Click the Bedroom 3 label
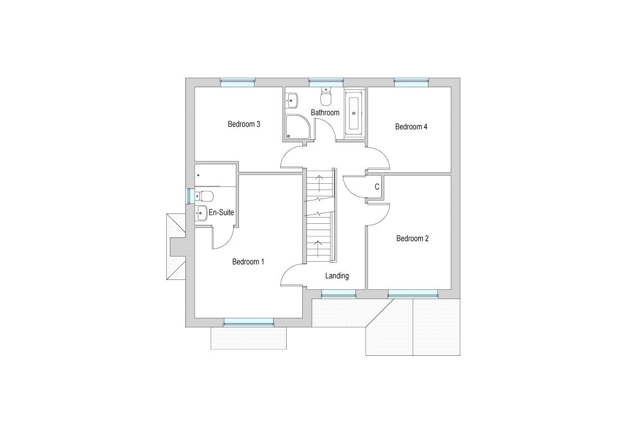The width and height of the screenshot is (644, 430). [x=244, y=124]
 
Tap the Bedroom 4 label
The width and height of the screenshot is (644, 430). [x=411, y=127]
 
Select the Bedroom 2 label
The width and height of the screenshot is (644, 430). [x=412, y=239]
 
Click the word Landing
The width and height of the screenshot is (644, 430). [x=337, y=276]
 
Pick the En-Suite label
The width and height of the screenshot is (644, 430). [x=221, y=212]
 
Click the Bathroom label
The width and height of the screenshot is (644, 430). [x=325, y=113]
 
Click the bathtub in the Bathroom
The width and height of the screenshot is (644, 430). [x=354, y=113]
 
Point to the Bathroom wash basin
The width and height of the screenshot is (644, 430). [x=292, y=99]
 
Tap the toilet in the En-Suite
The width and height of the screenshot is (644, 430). [x=204, y=196]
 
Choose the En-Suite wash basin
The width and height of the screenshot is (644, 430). [x=202, y=213]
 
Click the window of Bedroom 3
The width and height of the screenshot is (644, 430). [x=237, y=80]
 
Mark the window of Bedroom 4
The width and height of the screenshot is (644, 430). [x=411, y=80]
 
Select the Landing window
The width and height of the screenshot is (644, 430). [x=338, y=295]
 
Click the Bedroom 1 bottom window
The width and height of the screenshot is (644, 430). [x=248, y=324]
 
